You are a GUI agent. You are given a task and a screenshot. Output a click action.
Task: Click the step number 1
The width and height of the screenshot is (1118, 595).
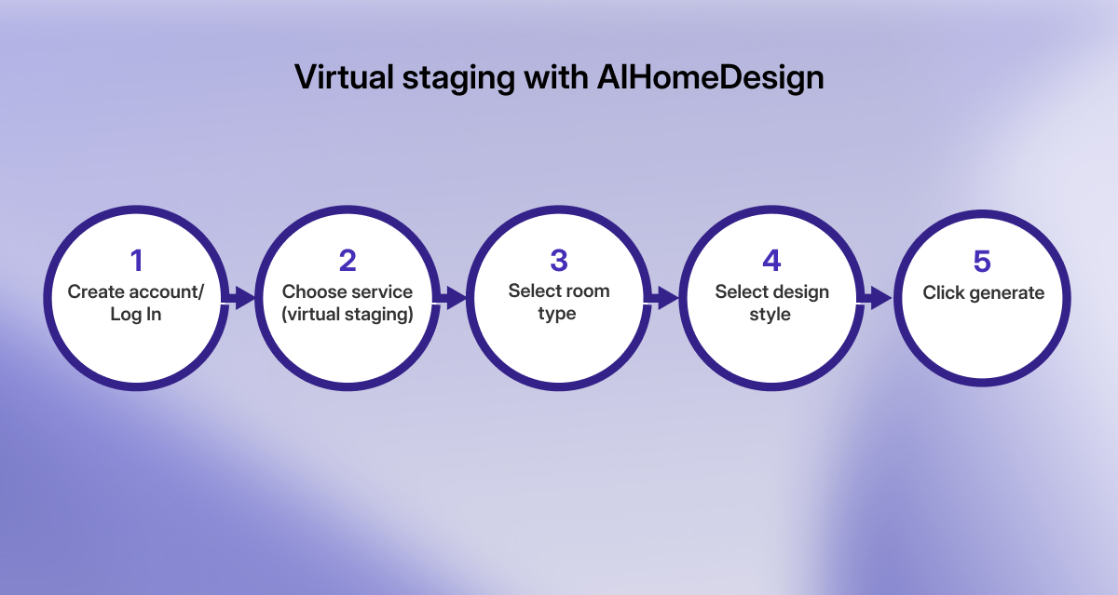click(x=135, y=261)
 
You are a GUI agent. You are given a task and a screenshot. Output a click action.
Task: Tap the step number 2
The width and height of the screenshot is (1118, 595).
click(x=348, y=261)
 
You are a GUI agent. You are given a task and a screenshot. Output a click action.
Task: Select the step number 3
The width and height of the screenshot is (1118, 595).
click(x=559, y=261)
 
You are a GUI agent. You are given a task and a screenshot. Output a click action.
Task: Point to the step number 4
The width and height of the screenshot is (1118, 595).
click(x=771, y=261)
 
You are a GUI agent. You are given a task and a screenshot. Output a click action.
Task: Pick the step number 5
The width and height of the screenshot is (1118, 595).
click(x=982, y=262)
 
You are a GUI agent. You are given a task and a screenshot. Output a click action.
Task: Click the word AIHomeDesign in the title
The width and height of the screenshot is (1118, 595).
click(x=710, y=77)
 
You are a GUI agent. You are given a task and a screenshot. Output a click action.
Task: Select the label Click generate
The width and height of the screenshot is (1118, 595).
click(x=983, y=293)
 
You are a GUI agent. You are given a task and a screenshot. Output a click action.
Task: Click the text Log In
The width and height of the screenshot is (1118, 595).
click(x=135, y=315)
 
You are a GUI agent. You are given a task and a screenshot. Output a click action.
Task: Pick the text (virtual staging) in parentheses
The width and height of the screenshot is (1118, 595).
click(x=348, y=315)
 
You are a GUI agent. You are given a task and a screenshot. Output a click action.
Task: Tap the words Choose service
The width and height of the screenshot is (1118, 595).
click(x=348, y=291)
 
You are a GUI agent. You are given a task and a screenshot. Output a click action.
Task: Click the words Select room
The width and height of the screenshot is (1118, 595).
click(x=559, y=291)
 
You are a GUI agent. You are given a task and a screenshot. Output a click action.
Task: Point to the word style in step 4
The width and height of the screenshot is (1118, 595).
click(x=770, y=315)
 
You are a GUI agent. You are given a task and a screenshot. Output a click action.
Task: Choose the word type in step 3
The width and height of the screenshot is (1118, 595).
click(x=557, y=315)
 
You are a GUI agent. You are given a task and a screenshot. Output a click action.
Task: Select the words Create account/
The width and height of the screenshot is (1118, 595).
click(x=135, y=291)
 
